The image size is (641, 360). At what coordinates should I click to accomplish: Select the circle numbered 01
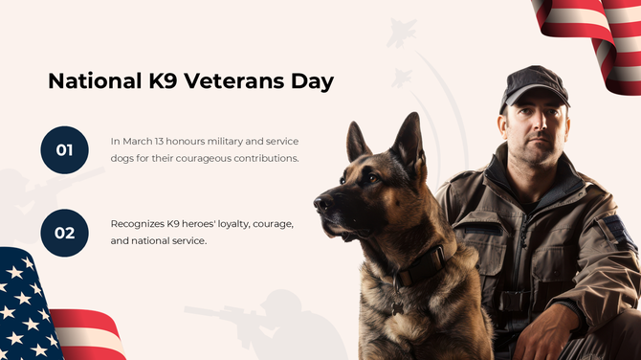(64, 149)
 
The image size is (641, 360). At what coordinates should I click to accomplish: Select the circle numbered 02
(64, 233)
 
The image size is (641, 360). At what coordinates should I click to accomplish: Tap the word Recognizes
(138, 223)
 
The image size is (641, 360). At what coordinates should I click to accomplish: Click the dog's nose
(319, 202)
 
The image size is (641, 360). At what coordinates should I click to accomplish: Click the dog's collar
(421, 267)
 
